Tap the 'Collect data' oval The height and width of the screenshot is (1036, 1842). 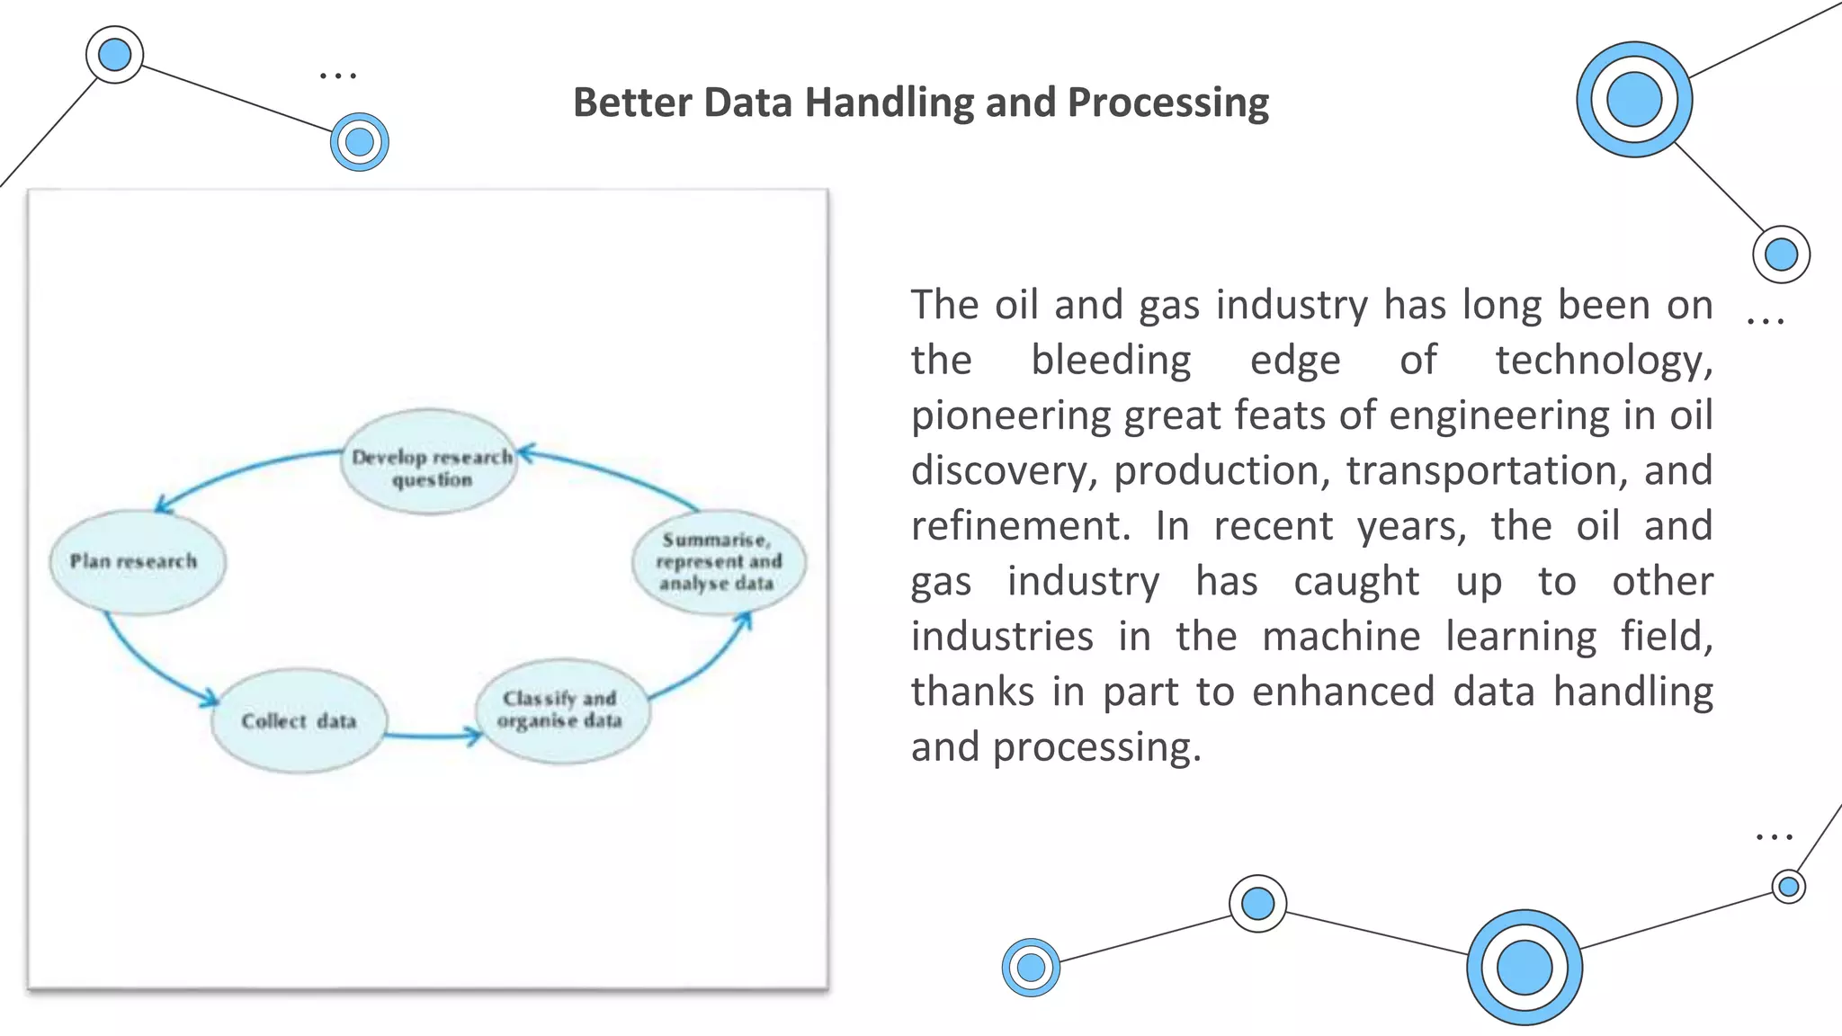coord(299,720)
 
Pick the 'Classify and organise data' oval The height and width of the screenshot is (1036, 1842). coord(561,710)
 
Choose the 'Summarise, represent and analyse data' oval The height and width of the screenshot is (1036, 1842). coord(719,562)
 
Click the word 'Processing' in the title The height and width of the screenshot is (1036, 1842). coord(1167,103)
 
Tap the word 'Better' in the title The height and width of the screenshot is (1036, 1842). coord(632,103)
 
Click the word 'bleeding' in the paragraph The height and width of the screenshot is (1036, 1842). coord(1111,361)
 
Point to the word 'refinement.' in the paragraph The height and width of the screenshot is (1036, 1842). coord(1020,526)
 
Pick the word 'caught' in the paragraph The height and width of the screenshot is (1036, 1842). coord(1355,582)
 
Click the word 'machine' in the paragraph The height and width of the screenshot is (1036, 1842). coord(1340,637)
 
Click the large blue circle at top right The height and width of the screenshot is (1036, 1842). coord(1633,100)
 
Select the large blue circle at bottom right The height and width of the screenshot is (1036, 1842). coord(1524,968)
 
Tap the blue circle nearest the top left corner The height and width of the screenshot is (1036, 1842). coord(114,55)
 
